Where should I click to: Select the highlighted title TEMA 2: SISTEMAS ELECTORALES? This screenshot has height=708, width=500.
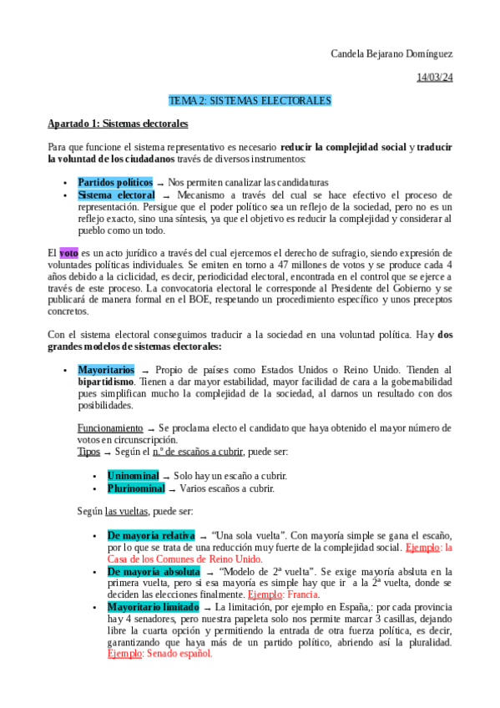tap(250, 100)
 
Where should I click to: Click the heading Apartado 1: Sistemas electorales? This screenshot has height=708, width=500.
tap(118, 124)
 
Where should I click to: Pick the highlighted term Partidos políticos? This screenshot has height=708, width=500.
tap(115, 182)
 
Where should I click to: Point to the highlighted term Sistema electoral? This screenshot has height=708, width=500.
tap(116, 195)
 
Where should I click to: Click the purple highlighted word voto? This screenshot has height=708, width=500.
tap(68, 252)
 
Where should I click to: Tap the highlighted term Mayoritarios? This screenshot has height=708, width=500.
tap(106, 370)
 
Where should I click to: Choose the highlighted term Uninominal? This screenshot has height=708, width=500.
tap(133, 475)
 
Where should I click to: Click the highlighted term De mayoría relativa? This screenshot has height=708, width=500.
tap(150, 534)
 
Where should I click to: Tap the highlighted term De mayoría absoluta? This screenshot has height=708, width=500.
tap(153, 571)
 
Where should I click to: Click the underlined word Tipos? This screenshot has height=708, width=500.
tap(88, 451)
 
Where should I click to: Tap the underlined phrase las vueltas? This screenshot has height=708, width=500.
tap(124, 511)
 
